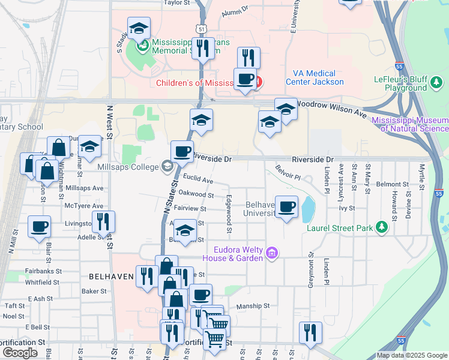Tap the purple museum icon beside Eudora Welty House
coord(272,254)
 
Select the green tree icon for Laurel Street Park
coord(381,227)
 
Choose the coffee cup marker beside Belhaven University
coord(286,206)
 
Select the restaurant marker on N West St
coord(103,221)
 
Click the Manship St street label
coord(253,305)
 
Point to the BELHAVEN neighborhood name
coord(110,277)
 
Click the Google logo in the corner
coord(20,352)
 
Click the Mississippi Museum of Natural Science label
coord(410,124)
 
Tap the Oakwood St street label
coord(196,195)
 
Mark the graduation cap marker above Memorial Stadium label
coord(139,28)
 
